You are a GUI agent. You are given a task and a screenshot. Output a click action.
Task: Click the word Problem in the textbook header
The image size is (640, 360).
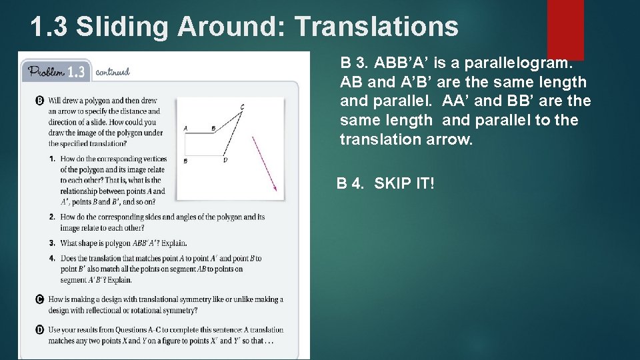(45, 71)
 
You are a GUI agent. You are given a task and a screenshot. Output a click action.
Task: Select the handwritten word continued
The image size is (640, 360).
(113, 71)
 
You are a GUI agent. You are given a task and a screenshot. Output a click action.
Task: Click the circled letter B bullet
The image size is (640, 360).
(39, 101)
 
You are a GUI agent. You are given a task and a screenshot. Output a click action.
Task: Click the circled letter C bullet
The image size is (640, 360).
(39, 299)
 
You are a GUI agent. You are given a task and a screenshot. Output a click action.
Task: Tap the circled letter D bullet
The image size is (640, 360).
(39, 329)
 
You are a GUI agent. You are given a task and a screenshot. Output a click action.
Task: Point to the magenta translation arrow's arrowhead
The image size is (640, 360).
(273, 188)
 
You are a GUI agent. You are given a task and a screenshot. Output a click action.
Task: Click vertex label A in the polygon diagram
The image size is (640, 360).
(185, 128)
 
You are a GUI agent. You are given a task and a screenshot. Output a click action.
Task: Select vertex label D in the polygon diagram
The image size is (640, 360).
(225, 161)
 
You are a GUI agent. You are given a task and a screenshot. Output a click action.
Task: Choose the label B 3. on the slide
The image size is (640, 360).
(354, 63)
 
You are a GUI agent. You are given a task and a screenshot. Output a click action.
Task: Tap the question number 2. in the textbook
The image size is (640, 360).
(51, 217)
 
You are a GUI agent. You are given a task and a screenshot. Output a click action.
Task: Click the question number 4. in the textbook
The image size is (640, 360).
(51, 258)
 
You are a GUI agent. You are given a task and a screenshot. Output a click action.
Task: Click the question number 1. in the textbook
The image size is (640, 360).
(51, 159)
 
